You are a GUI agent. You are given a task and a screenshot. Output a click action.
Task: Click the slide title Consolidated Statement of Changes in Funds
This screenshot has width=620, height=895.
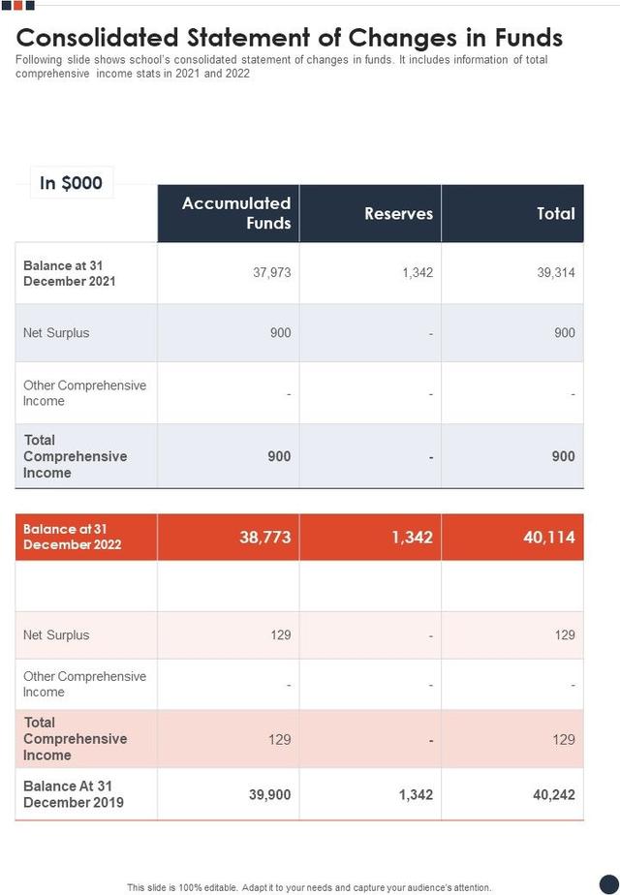click(290, 38)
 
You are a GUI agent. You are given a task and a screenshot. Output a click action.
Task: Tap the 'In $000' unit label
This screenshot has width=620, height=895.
click(71, 183)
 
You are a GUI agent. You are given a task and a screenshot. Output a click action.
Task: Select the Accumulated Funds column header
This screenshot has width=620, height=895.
click(236, 213)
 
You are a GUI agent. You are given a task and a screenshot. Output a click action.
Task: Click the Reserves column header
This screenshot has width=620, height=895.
click(398, 214)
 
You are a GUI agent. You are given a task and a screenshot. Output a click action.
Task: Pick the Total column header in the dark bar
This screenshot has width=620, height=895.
click(555, 214)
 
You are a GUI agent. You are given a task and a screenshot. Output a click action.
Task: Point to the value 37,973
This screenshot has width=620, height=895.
click(271, 272)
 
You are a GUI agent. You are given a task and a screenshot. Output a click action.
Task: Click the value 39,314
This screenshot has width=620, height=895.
click(555, 272)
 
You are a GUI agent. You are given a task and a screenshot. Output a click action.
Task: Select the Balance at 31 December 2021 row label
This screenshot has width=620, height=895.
click(70, 273)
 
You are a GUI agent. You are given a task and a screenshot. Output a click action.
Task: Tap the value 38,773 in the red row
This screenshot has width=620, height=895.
click(264, 537)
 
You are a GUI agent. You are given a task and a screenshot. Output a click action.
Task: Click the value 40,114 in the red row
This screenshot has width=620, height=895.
click(548, 537)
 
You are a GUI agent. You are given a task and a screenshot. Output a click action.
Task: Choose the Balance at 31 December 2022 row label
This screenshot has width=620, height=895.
click(73, 537)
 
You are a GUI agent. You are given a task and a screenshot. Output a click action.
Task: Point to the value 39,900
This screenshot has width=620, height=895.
click(269, 794)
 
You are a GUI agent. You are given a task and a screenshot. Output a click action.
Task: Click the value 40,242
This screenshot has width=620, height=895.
click(553, 794)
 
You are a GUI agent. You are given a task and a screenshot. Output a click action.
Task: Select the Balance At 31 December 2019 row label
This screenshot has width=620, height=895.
click(74, 793)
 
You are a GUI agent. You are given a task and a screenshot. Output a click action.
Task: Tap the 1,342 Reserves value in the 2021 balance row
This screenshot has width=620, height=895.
click(417, 272)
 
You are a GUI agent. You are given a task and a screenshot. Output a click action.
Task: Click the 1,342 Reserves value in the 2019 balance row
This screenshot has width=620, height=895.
click(415, 794)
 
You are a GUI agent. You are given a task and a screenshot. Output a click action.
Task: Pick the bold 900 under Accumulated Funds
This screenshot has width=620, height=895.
click(279, 456)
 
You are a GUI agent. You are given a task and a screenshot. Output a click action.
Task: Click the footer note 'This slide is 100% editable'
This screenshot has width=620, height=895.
click(309, 887)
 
